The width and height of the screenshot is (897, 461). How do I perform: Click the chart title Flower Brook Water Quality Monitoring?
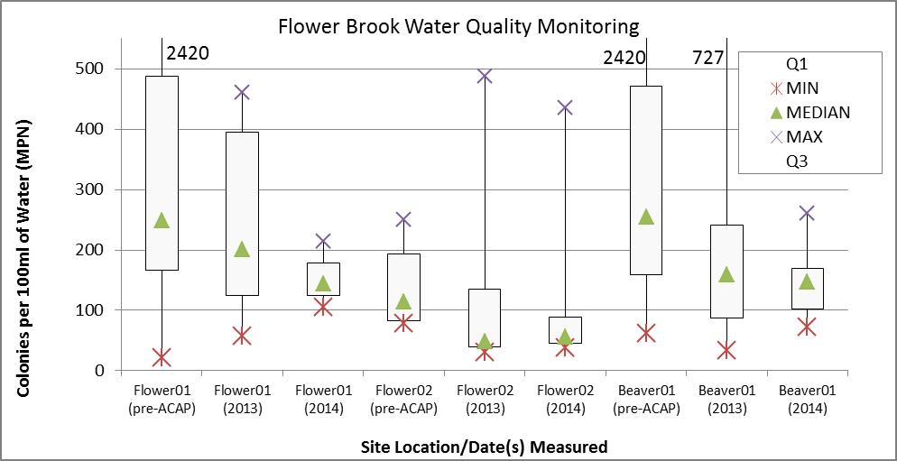click(458, 26)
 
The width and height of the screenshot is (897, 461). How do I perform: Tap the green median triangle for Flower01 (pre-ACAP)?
click(162, 220)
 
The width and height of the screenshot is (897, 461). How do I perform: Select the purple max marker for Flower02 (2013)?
click(485, 76)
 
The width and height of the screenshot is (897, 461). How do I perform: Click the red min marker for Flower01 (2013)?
click(242, 336)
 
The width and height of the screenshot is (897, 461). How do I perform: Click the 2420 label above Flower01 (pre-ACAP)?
click(188, 52)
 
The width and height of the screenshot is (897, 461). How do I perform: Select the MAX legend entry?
click(804, 137)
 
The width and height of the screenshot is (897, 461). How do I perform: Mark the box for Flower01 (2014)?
click(323, 279)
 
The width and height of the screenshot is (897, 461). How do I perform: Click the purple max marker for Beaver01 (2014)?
click(807, 213)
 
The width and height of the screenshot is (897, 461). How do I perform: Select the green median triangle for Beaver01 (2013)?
click(726, 274)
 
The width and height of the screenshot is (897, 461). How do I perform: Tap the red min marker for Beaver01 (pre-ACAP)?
click(645, 333)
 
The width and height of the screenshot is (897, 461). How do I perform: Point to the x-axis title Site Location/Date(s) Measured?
click(484, 447)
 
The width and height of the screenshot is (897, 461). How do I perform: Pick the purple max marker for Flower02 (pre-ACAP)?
click(403, 219)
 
